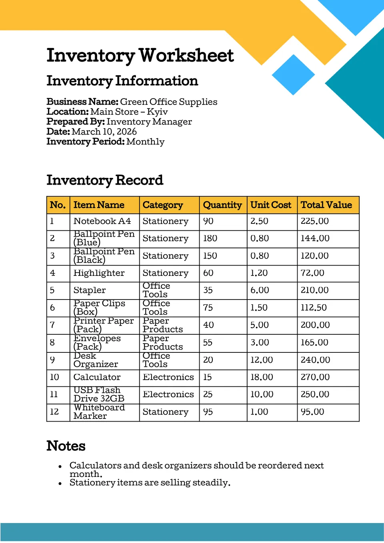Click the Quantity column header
pos(222,205)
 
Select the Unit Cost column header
pos(271,205)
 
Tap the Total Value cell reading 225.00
pos(315,221)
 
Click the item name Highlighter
pos(99,273)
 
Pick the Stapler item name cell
pos(90,290)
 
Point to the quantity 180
pos(210,238)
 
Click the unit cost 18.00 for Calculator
pos(262,377)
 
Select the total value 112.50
pos(314,308)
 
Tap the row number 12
pos(54,412)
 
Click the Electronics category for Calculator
pos(168,377)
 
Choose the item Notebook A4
pos(102,221)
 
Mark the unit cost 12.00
pos(262,360)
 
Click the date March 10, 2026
pos(104,132)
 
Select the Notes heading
pos(66,446)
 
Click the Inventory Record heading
pos(105,180)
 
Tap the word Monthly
pos(145,142)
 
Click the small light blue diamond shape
pos(293,75)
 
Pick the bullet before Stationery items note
pos(60,484)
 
